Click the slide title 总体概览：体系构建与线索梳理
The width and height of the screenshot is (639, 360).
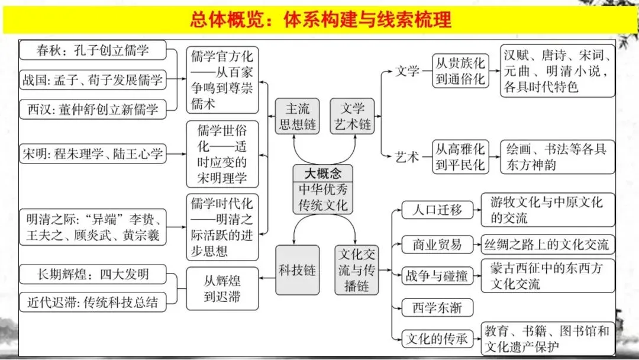tap(320, 20)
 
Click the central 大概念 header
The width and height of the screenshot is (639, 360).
tap(322, 173)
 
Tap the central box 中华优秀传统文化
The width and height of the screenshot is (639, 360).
tap(322, 198)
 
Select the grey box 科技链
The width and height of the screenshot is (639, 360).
tap(298, 270)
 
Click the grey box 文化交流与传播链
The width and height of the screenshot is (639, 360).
tap(356, 270)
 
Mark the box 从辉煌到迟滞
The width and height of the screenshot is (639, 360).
tap(222, 288)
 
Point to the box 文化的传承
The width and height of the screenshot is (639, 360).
tap(437, 339)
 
